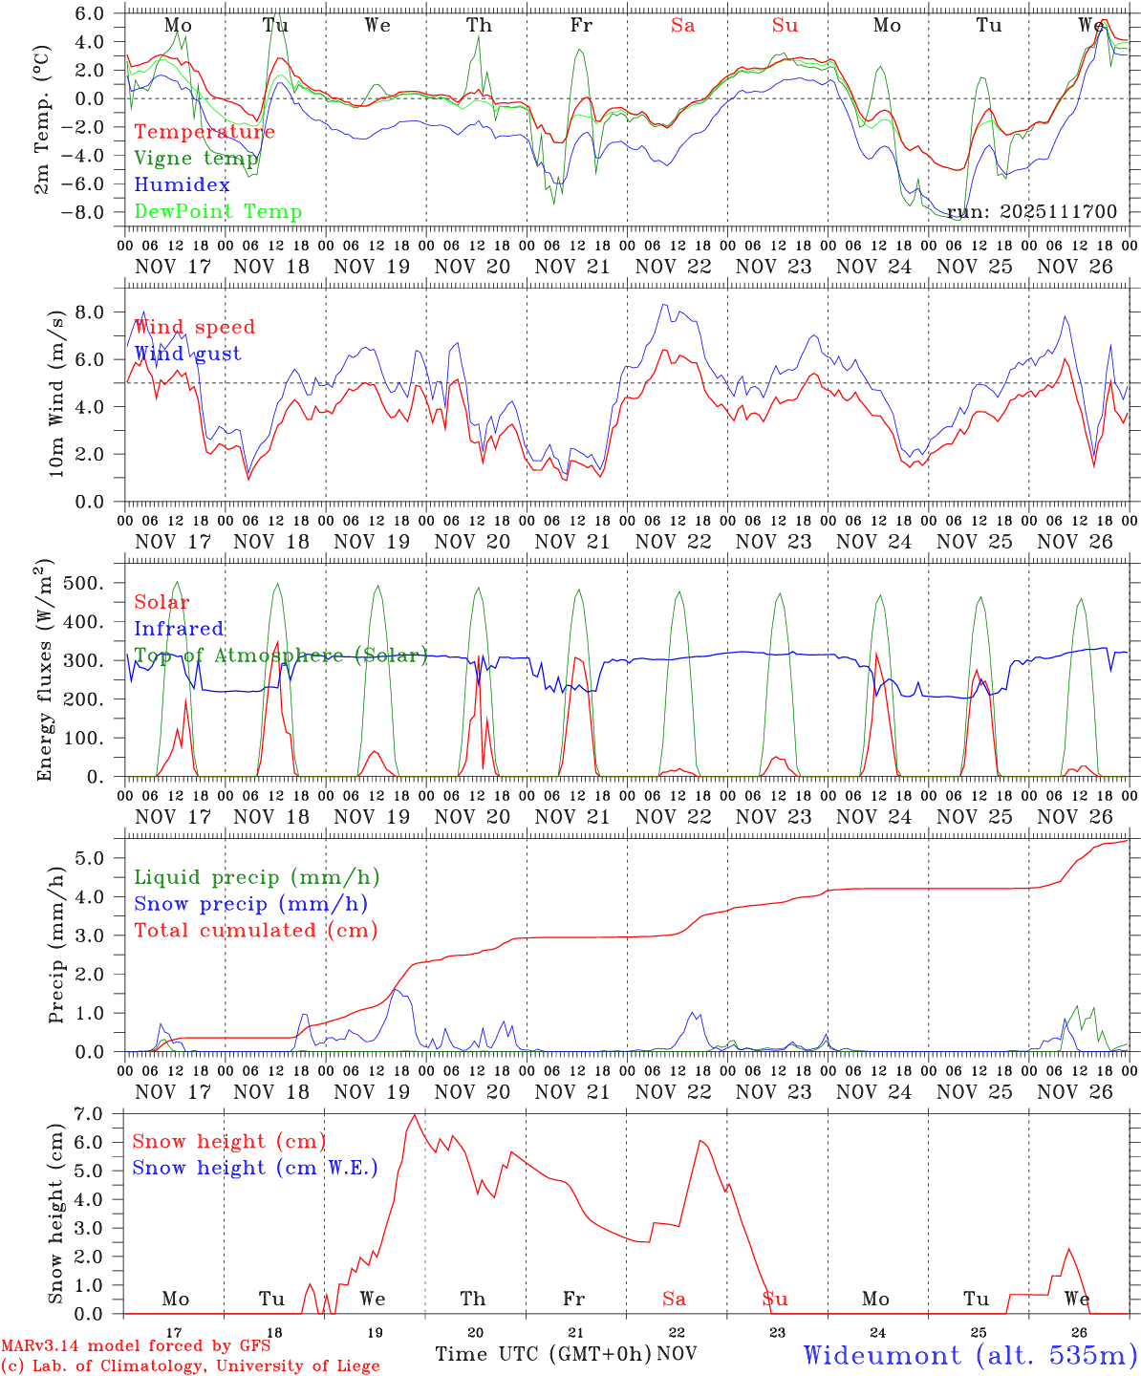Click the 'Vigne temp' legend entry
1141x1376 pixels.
[196, 159]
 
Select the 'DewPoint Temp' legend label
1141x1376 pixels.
[218, 212]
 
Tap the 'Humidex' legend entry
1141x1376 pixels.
[182, 185]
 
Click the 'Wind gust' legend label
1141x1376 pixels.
[187, 354]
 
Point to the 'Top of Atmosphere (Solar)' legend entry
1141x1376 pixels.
[281, 656]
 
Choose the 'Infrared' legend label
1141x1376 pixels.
[179, 629]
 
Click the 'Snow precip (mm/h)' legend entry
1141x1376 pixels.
[250, 904]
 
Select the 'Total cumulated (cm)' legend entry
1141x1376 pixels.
[255, 931]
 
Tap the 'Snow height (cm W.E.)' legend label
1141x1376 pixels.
[255, 1168]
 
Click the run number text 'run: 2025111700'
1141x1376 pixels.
[1032, 212]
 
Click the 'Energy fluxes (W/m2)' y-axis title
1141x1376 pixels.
[44, 673]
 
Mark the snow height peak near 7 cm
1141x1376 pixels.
[414, 1115]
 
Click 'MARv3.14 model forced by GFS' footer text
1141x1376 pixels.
[136, 1346]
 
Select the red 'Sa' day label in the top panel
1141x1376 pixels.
[682, 26]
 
